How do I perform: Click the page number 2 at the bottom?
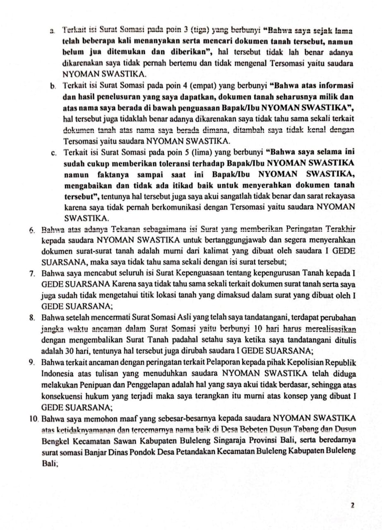pos(352,505)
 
